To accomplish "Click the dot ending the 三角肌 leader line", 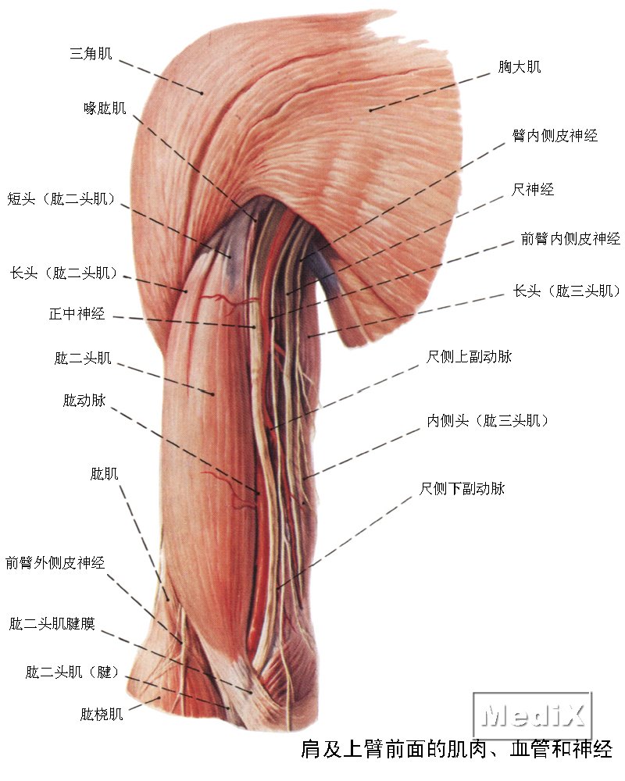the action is point(202,93).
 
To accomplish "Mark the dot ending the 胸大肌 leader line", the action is point(370,109).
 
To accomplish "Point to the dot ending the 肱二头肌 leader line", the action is point(212,394).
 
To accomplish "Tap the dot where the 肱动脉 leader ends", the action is point(258,493).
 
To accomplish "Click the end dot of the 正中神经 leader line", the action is point(254,327).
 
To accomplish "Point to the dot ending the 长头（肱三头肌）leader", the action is point(309,337).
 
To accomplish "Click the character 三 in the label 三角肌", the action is point(77,53).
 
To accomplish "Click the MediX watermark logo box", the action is point(532,715).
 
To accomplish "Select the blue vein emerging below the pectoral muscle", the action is point(327,276).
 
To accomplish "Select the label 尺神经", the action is point(532,189).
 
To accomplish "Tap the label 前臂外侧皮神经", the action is point(55,563).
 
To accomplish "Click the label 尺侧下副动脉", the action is point(462,489).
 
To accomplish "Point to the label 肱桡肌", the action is point(102,715).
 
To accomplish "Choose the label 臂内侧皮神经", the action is point(555,135).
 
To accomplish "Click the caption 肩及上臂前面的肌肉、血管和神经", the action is point(456,750).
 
